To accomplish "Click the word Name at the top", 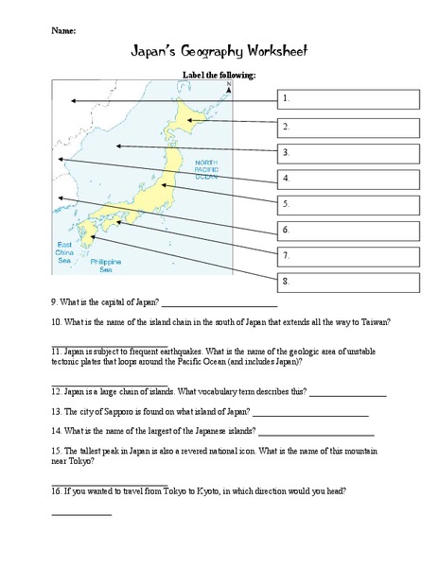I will [62, 30].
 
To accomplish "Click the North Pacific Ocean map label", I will [207, 170].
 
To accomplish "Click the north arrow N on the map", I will [229, 86].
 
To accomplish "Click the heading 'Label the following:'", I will [219, 75].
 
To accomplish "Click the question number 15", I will [56, 451].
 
